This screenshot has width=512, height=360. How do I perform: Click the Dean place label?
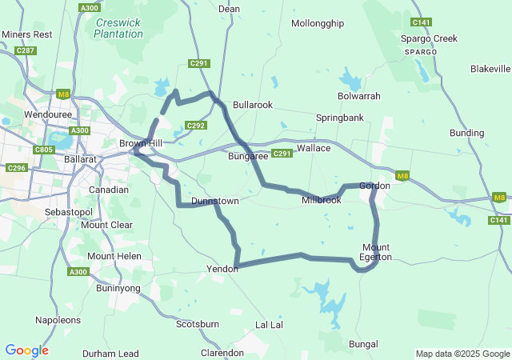click(229, 9)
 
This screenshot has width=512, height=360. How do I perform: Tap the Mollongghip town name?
click(317, 23)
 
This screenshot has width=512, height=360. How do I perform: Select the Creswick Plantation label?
click(118, 28)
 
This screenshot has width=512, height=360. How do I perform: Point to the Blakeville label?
click(490, 69)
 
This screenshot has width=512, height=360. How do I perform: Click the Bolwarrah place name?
click(359, 96)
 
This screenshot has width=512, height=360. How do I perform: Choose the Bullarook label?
click(253, 105)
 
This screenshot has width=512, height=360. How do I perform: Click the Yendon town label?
click(222, 269)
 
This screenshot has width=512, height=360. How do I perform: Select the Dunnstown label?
click(215, 201)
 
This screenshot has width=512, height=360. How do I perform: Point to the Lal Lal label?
click(269, 325)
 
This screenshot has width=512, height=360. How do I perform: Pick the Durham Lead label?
click(110, 354)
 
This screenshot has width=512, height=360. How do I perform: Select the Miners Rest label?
click(26, 34)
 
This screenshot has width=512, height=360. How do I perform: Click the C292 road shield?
click(196, 126)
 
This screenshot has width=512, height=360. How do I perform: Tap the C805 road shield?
click(43, 150)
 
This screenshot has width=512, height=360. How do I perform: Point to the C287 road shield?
click(26, 50)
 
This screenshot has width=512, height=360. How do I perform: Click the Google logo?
click(26, 350)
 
